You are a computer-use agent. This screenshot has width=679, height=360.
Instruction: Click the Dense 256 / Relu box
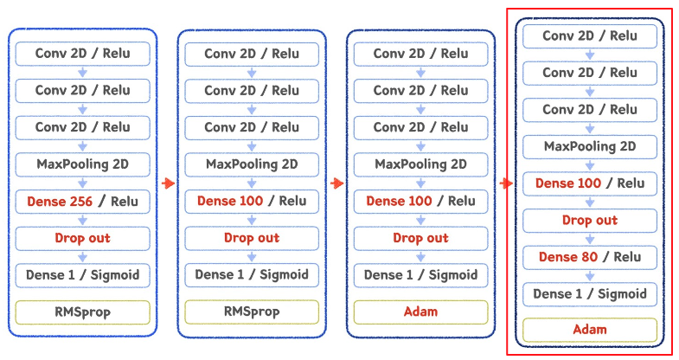coord(82,201)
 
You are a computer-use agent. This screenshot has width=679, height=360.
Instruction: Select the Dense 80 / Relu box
coord(590,257)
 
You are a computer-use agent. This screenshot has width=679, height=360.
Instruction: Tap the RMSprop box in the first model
coord(82,312)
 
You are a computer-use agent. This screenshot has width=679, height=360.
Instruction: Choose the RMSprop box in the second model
coord(252,312)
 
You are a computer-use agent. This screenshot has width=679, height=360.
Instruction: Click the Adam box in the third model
coord(420,312)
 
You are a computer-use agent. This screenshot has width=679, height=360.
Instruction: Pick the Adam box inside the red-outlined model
coord(590,330)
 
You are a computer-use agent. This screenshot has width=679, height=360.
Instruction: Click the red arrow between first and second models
coord(168,183)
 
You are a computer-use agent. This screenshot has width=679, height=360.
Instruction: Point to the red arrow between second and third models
coord(336,183)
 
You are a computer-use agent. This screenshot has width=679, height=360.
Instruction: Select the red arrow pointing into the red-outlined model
coord(505,183)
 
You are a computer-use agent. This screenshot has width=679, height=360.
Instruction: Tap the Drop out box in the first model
coord(82,238)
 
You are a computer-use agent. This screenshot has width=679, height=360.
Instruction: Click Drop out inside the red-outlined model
coord(590,220)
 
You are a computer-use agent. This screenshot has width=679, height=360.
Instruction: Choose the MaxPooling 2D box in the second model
coord(252,164)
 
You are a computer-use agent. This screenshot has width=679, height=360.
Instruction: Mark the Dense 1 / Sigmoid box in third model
coord(420,275)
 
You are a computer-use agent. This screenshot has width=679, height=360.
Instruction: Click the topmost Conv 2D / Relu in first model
coord(82,53)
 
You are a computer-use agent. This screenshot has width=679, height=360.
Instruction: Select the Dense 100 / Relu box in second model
coord(252,201)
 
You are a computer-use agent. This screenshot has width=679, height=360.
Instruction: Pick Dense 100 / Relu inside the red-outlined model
coord(590,183)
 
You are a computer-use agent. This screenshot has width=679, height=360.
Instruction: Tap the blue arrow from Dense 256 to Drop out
coord(82,220)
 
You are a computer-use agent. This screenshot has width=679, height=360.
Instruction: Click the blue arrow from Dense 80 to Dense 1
coord(590,276)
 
